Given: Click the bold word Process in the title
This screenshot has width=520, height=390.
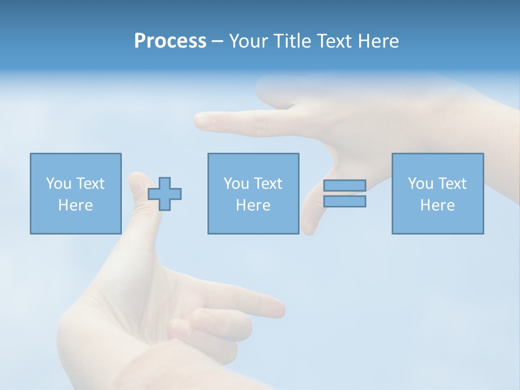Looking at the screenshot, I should (170, 41).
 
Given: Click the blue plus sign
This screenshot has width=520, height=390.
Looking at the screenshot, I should (165, 193).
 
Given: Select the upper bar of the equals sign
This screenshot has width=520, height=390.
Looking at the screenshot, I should (344, 186).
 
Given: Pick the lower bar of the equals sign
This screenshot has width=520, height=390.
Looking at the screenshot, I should (344, 201).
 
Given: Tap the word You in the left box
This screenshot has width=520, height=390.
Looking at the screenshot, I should (58, 184).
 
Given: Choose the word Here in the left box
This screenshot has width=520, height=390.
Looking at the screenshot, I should (75, 205).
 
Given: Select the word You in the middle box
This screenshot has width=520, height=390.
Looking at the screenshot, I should (236, 184).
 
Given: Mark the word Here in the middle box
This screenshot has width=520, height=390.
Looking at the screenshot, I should (253, 205).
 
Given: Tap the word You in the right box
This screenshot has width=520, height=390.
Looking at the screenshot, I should (420, 184).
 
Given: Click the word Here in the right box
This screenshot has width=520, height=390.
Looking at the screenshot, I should (437, 205).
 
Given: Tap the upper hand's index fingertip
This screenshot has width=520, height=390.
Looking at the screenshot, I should (202, 120).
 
